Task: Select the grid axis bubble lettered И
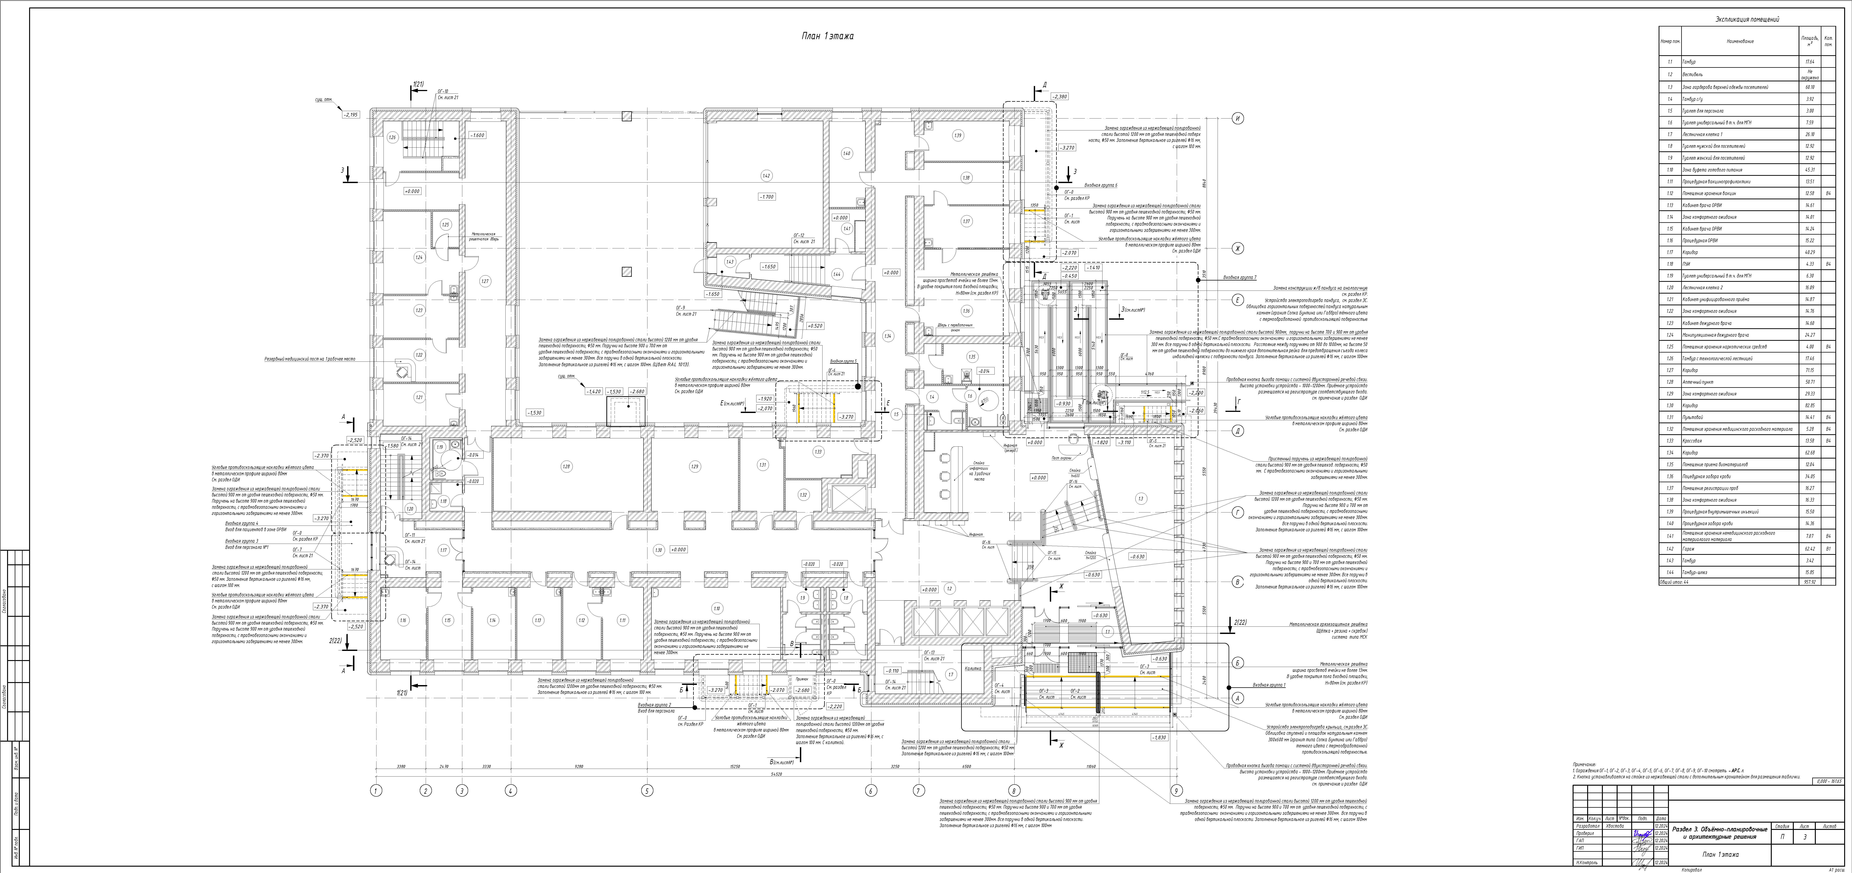(1237, 119)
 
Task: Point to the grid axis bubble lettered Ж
(1237, 249)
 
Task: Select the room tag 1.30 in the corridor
(659, 550)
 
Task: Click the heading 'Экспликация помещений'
(1746, 19)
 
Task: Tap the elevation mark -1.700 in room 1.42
(766, 196)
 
